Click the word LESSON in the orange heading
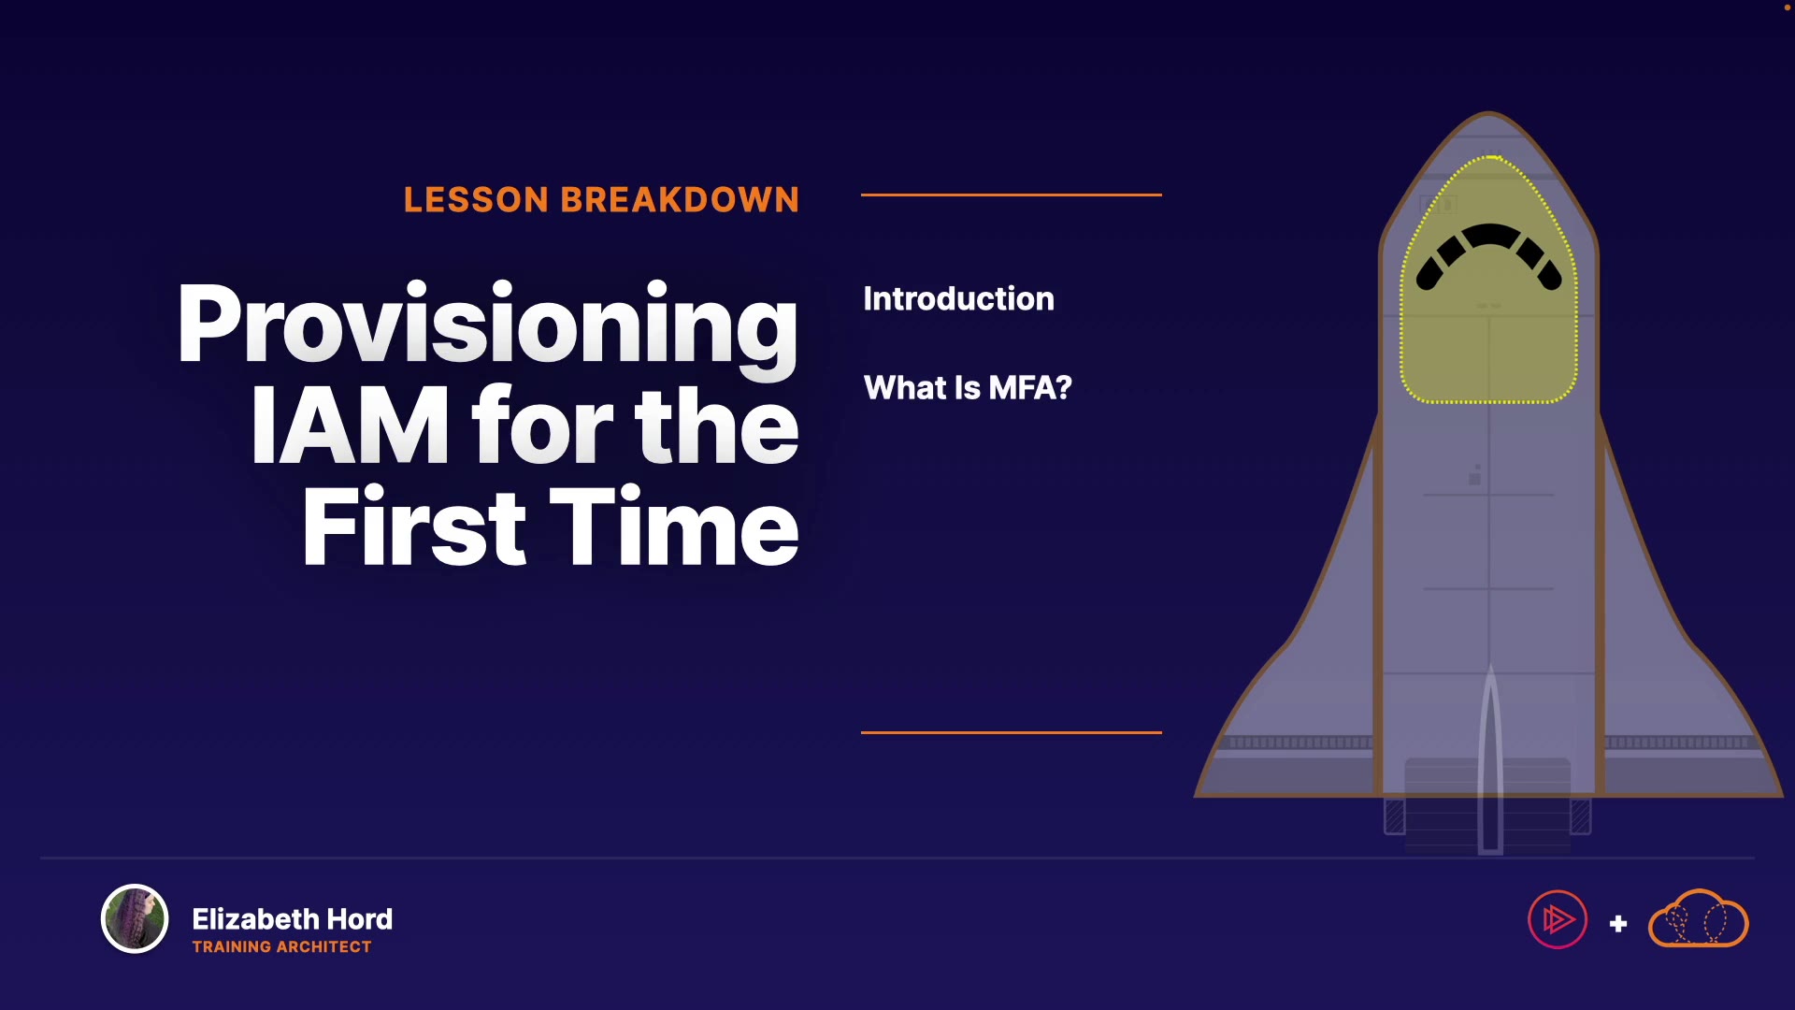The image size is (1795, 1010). click(x=476, y=200)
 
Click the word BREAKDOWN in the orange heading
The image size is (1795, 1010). click(x=680, y=200)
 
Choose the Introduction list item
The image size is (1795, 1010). click(x=958, y=299)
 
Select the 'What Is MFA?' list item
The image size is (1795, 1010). click(x=968, y=388)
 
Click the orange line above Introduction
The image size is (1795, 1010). click(x=1012, y=195)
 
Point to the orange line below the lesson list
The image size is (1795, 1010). click(x=1012, y=732)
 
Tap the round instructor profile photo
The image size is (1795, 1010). click(x=135, y=918)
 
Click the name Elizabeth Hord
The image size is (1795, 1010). click(x=293, y=919)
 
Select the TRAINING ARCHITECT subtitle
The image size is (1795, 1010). click(x=282, y=947)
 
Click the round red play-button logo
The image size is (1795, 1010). click(x=1558, y=919)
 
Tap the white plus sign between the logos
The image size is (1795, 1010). click(x=1618, y=924)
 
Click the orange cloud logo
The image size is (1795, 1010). click(x=1698, y=919)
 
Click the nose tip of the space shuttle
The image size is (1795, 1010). click(x=1488, y=112)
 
